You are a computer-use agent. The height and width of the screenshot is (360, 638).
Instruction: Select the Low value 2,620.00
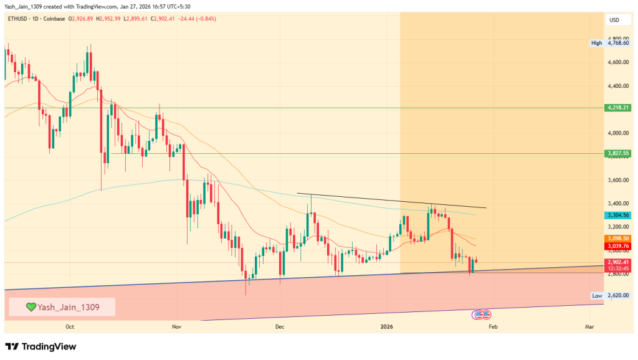[620, 296]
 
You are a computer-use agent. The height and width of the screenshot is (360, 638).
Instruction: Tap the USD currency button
[614, 21]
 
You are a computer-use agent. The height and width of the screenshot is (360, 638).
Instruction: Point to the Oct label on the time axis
[70, 326]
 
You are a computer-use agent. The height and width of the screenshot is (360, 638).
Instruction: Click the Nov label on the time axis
[176, 326]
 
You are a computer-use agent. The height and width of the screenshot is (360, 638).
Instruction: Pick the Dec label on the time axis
[279, 326]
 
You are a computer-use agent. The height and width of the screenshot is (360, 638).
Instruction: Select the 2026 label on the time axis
[386, 326]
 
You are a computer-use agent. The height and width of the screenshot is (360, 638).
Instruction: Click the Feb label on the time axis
[492, 326]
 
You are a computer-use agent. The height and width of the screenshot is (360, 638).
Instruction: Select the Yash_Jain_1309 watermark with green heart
[62, 306]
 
